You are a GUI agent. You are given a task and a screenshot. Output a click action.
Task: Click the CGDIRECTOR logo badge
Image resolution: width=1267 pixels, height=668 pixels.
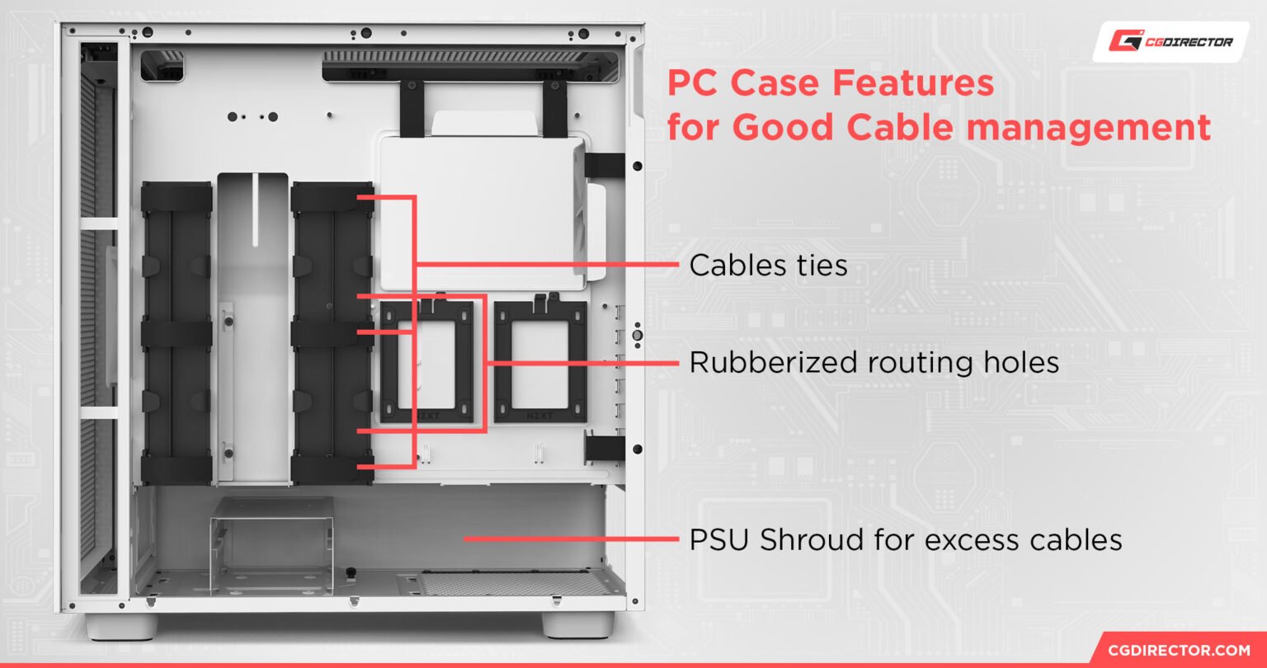(1171, 41)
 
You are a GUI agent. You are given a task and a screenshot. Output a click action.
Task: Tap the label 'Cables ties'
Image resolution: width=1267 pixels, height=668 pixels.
(768, 266)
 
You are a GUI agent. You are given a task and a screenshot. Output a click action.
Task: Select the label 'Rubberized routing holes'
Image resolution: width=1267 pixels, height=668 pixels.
(874, 362)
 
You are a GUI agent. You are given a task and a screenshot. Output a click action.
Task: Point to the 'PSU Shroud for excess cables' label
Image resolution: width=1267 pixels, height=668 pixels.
(905, 540)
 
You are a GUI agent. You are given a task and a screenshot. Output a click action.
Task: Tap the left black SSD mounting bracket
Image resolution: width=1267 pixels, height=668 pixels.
(426, 363)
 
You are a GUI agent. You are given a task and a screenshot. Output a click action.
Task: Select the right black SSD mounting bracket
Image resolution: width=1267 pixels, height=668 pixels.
(540, 363)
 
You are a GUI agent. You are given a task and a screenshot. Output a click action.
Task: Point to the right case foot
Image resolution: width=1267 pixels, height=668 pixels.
(577, 624)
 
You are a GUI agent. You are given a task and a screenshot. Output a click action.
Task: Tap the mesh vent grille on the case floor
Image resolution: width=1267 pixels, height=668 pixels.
(511, 584)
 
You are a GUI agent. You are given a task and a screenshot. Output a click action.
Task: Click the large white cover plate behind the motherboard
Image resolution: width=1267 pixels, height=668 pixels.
(483, 210)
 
